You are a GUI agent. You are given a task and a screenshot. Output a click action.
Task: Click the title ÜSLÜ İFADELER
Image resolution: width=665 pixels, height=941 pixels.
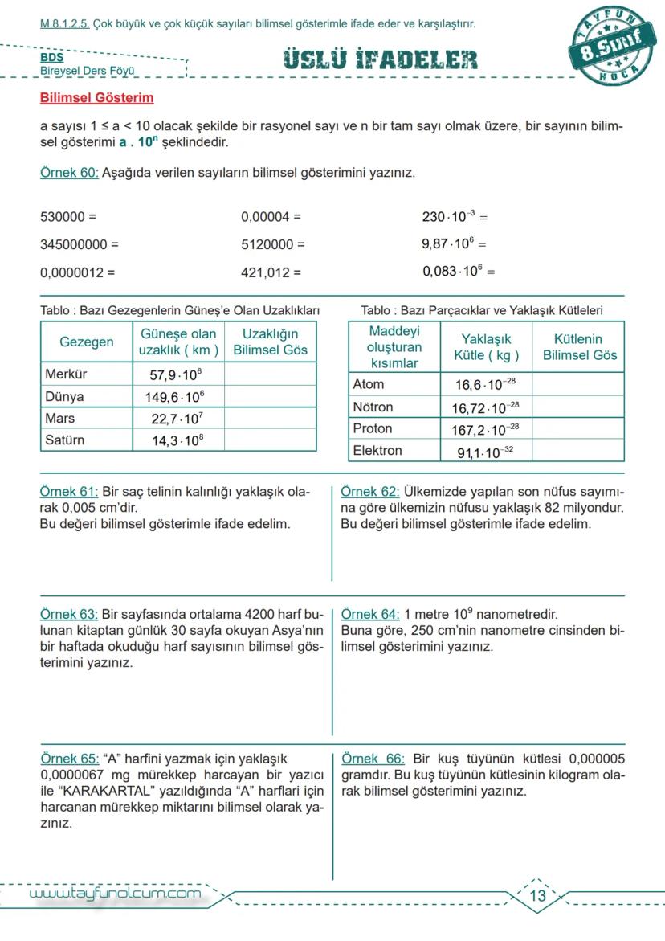380,59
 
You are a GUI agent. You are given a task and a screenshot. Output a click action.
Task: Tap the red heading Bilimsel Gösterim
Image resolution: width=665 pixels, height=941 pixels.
96,98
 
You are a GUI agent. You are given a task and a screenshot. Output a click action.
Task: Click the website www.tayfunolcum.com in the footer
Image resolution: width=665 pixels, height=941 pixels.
115,894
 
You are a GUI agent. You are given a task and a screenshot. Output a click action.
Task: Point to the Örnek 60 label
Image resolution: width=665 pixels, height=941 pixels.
69,173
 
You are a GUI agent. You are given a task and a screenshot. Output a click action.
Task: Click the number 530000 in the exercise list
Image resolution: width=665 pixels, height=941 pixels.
63,217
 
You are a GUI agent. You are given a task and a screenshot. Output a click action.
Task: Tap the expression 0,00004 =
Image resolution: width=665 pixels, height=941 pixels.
271,217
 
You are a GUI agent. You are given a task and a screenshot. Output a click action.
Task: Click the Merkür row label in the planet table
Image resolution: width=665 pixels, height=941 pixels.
67,374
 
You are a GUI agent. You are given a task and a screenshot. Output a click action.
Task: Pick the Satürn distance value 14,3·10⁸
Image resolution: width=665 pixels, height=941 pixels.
177,440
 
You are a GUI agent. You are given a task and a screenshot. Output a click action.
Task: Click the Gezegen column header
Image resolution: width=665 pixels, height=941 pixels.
87,342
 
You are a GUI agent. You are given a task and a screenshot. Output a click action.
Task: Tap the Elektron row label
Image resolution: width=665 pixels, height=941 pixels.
377,451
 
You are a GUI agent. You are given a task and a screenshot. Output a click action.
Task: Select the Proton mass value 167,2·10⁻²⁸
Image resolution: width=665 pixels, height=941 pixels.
485,430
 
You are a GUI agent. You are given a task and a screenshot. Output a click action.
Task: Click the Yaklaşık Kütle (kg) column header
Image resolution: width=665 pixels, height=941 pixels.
486,347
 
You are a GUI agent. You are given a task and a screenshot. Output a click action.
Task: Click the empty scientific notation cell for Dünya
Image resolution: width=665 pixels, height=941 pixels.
270,396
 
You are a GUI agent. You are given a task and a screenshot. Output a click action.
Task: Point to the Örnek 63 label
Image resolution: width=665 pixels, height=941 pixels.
69,613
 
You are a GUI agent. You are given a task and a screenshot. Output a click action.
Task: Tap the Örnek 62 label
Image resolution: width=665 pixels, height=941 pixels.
369,492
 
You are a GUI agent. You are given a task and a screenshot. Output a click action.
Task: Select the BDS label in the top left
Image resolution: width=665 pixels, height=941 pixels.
52,58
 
